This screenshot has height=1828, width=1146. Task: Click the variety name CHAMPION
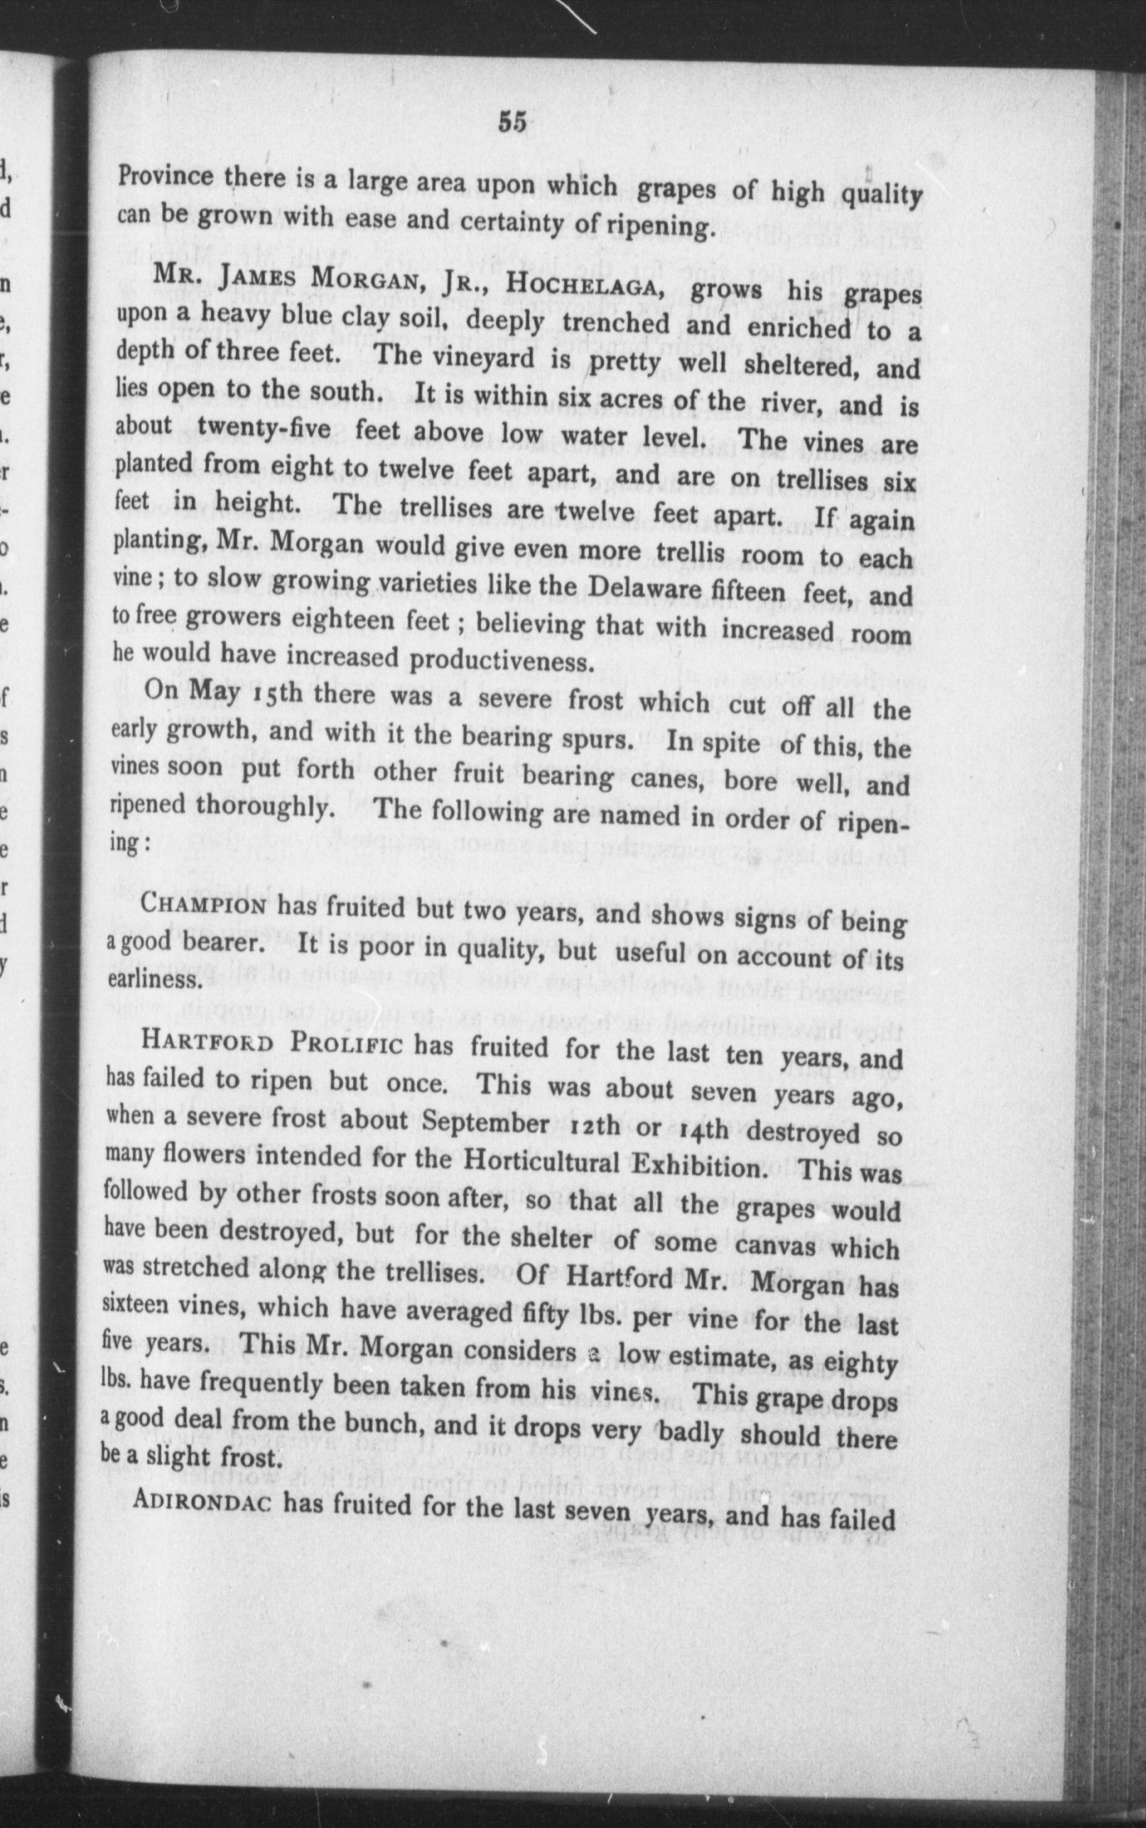point(204,905)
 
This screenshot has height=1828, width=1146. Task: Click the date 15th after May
point(275,693)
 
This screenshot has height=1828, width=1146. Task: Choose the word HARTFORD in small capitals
point(207,1041)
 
